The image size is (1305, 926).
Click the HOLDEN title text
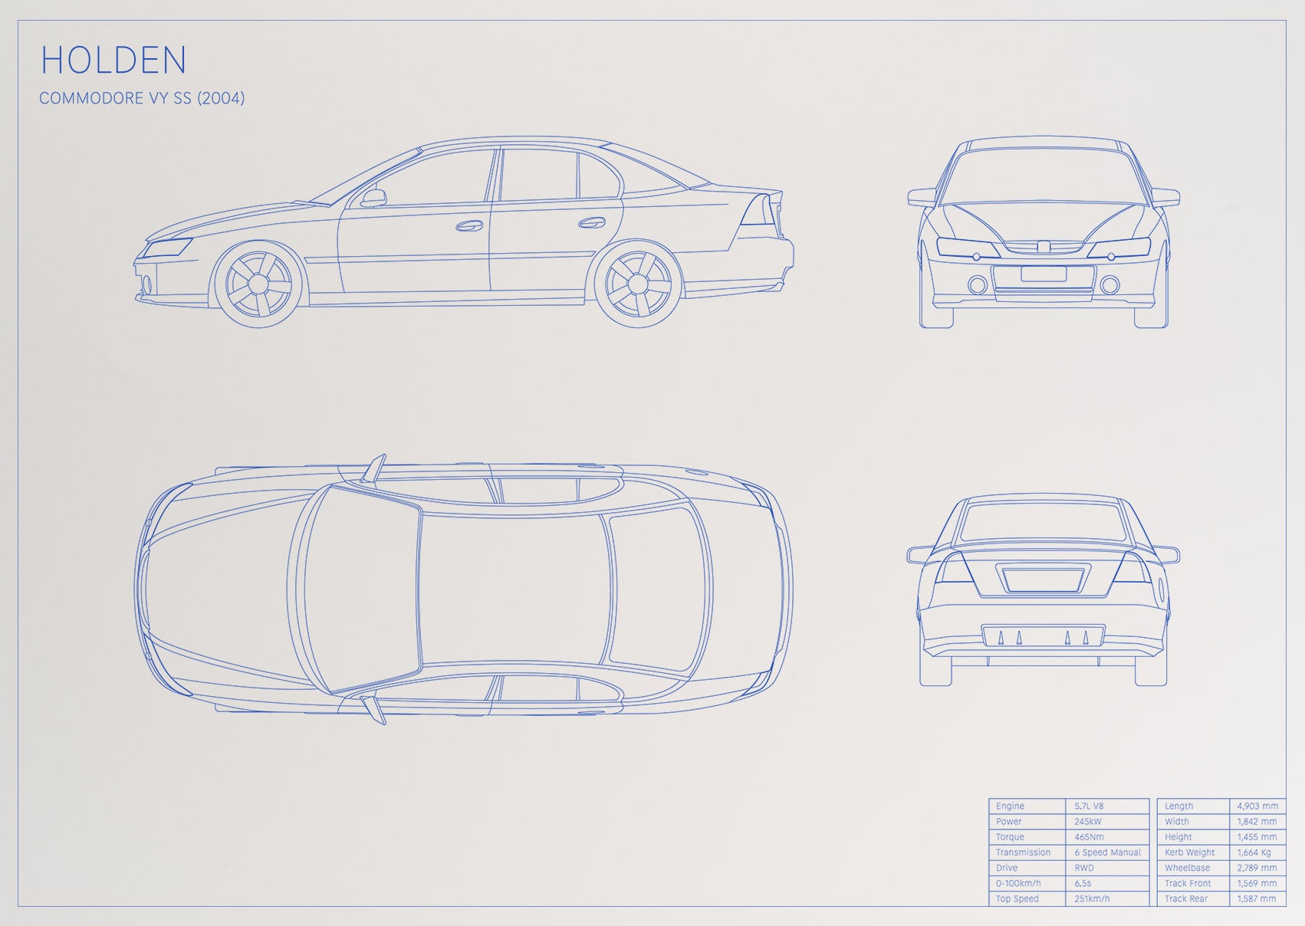[113, 59]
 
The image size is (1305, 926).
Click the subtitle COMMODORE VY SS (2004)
[142, 98]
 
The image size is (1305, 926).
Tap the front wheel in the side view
[258, 284]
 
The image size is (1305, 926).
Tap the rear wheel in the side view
[638, 284]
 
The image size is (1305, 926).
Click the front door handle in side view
[469, 226]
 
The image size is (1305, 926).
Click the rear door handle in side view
[591, 222]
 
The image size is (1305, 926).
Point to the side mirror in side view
[373, 198]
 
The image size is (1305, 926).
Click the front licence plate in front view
[1044, 274]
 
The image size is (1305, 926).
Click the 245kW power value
[1088, 822]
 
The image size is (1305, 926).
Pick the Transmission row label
[1023, 852]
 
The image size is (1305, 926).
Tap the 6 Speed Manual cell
[1107, 852]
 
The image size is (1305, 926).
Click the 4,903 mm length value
[1257, 806]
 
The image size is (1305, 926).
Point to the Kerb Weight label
[1190, 852]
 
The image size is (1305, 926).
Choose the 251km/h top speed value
[1092, 898]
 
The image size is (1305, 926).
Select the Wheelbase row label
[1188, 868]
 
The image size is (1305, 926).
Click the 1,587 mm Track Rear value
[1257, 898]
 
